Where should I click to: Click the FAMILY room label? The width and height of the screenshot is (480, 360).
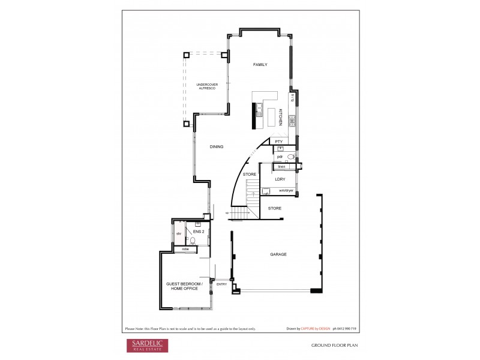[x=260, y=65]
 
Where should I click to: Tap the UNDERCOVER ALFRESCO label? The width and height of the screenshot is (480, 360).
[x=207, y=86]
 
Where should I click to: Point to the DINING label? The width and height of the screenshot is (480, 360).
[x=217, y=147]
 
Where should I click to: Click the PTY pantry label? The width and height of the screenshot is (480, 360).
[x=279, y=142]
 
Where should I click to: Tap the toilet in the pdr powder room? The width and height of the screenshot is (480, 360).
[x=290, y=157]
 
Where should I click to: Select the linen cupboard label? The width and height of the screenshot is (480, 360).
[x=281, y=166]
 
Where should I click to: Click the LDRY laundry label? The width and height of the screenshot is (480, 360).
[x=280, y=179]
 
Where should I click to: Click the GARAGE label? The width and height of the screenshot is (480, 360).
[x=278, y=254]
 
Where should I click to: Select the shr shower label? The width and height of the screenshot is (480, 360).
[x=179, y=234]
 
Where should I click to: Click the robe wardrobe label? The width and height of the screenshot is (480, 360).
[x=185, y=248]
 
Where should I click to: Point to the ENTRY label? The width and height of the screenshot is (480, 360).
[x=221, y=284]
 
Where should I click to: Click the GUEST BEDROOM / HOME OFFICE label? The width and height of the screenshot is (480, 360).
[x=184, y=286]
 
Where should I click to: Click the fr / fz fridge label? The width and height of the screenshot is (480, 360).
[x=292, y=97]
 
